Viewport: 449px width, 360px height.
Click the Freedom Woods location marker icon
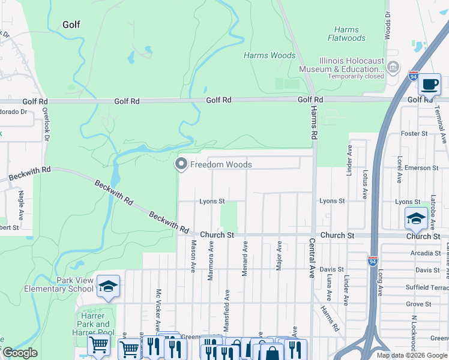click(x=180, y=164)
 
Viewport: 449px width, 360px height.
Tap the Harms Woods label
click(x=270, y=55)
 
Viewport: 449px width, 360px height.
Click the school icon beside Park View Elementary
click(x=108, y=286)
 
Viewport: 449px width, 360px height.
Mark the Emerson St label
click(x=416, y=168)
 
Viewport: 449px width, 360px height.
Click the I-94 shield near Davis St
click(x=372, y=260)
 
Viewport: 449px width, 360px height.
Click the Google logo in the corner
click(x=20, y=353)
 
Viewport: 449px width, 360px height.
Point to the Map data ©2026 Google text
click(x=411, y=355)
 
